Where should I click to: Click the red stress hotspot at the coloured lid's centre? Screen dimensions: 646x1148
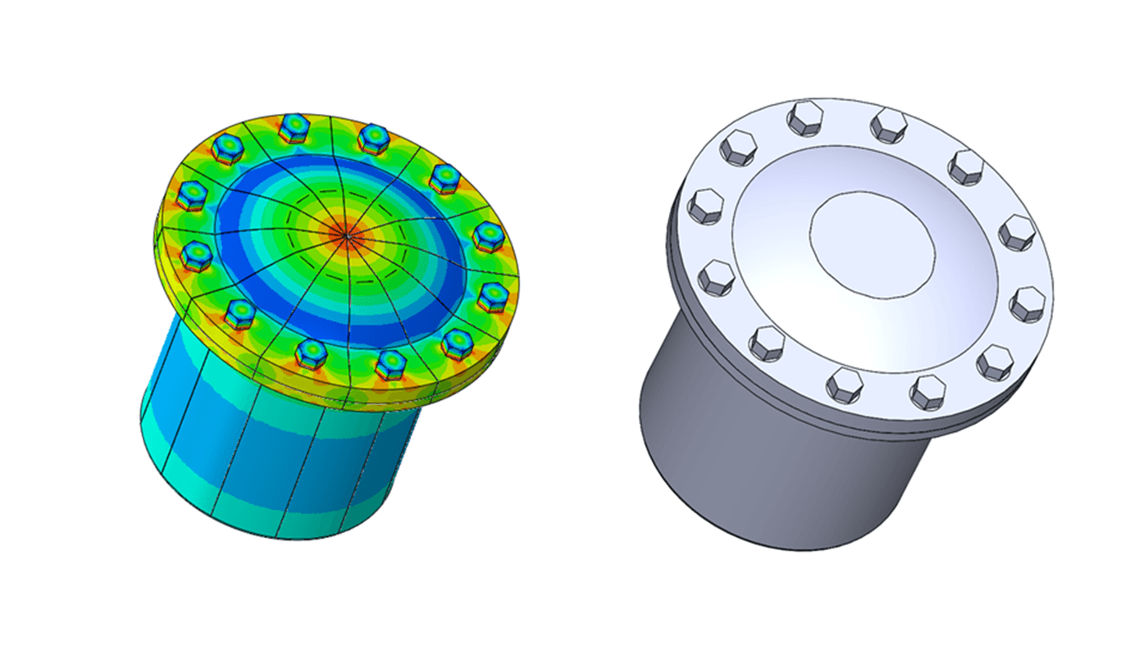pyautogui.click(x=347, y=236)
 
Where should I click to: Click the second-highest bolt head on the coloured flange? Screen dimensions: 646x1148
pyautogui.click(x=373, y=137)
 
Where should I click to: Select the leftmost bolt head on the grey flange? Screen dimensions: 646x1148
pyautogui.click(x=705, y=205)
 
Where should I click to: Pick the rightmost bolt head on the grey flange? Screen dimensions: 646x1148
pyautogui.click(x=1027, y=303)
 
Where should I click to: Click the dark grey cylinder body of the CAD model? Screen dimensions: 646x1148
pyautogui.click(x=738, y=459)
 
